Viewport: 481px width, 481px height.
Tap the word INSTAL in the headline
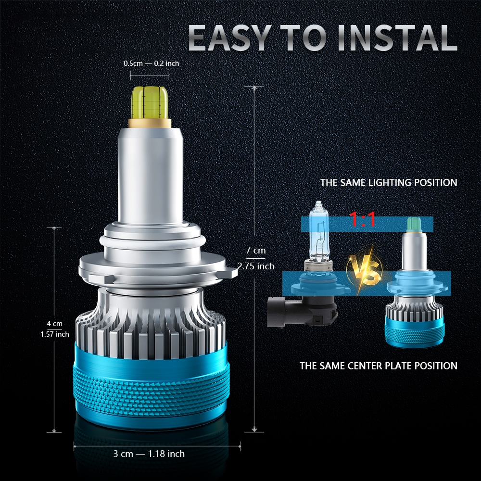click(x=397, y=38)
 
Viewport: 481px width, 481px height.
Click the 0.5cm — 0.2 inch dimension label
click(x=151, y=63)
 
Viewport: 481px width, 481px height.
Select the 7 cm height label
click(x=255, y=250)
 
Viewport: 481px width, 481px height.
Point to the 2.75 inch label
click(x=256, y=266)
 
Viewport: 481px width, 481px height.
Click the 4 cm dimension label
click(x=55, y=324)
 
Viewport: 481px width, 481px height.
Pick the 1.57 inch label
click(x=55, y=334)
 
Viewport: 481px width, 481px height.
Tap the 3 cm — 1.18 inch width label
click(x=149, y=454)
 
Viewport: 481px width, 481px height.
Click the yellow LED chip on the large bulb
click(x=150, y=102)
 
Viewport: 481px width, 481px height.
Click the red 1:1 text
click(x=363, y=220)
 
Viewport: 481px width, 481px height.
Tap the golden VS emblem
click(x=365, y=270)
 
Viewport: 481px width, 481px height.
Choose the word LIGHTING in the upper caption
click(x=390, y=182)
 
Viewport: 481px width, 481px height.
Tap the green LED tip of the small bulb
click(x=414, y=224)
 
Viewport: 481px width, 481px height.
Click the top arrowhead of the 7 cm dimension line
click(x=254, y=88)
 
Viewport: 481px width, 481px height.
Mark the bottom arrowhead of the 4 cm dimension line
click(x=54, y=430)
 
